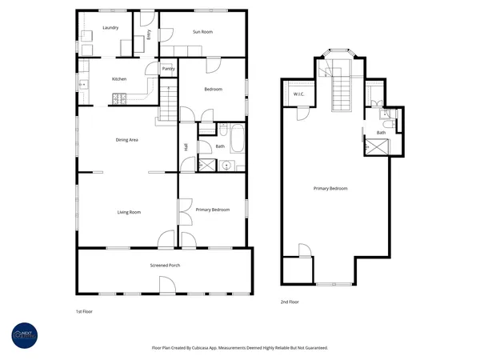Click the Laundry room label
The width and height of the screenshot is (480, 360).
(110, 29)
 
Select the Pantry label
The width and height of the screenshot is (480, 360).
(168, 69)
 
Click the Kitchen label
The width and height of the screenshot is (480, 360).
(119, 79)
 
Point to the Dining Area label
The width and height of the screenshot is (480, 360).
(128, 140)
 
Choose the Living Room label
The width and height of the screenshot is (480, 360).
(129, 212)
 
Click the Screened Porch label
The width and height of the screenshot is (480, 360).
(164, 265)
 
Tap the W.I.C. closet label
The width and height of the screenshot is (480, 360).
(299, 94)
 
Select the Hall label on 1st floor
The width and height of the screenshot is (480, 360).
(186, 146)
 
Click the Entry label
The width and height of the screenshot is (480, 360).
(150, 34)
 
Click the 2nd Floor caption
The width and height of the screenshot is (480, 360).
(290, 302)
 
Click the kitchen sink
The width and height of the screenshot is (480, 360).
(82, 83)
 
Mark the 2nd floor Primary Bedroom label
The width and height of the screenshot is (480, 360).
(330, 188)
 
